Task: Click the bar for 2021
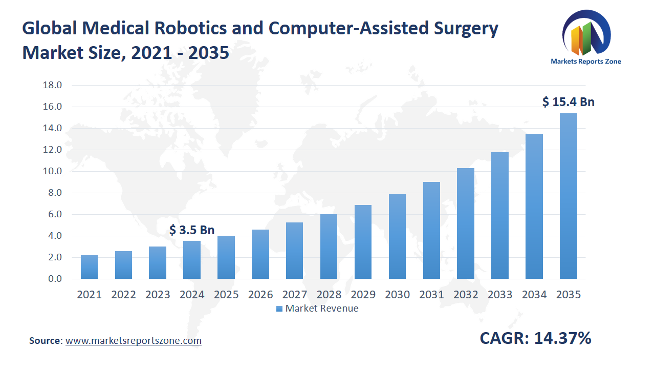point(89,267)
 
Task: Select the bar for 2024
point(192,260)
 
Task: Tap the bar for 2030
point(397,237)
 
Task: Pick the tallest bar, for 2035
point(568,196)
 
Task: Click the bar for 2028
point(329,247)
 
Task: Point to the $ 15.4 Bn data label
point(568,102)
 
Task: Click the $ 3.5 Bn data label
point(192,230)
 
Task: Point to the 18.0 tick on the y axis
point(52,85)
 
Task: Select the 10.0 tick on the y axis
point(52,171)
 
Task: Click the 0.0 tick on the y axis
point(52,279)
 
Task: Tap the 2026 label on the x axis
point(260,295)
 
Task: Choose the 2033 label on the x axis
point(500,295)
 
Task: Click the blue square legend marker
point(279,309)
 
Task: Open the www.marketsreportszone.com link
point(134,340)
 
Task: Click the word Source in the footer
point(45,340)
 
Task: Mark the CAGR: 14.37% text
point(535,338)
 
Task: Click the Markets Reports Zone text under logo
point(586,61)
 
